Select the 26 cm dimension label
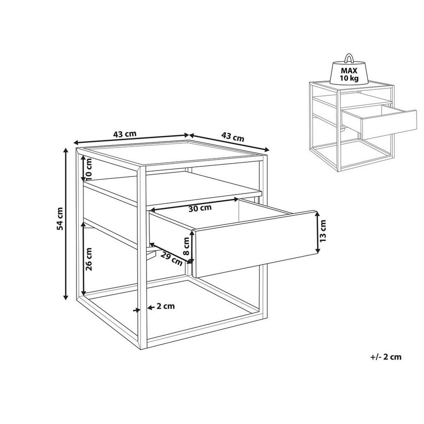pyautogui.click(x=89, y=259)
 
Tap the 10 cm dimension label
pyautogui.click(x=89, y=169)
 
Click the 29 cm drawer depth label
pyautogui.click(x=171, y=259)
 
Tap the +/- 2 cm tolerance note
pyautogui.click(x=385, y=357)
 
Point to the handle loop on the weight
pyautogui.click(x=349, y=59)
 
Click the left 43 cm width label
pyautogui.click(x=124, y=134)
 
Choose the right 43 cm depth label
pyautogui.click(x=233, y=137)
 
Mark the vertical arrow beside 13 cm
pyautogui.click(x=317, y=232)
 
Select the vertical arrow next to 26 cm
pyautogui.click(x=83, y=259)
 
